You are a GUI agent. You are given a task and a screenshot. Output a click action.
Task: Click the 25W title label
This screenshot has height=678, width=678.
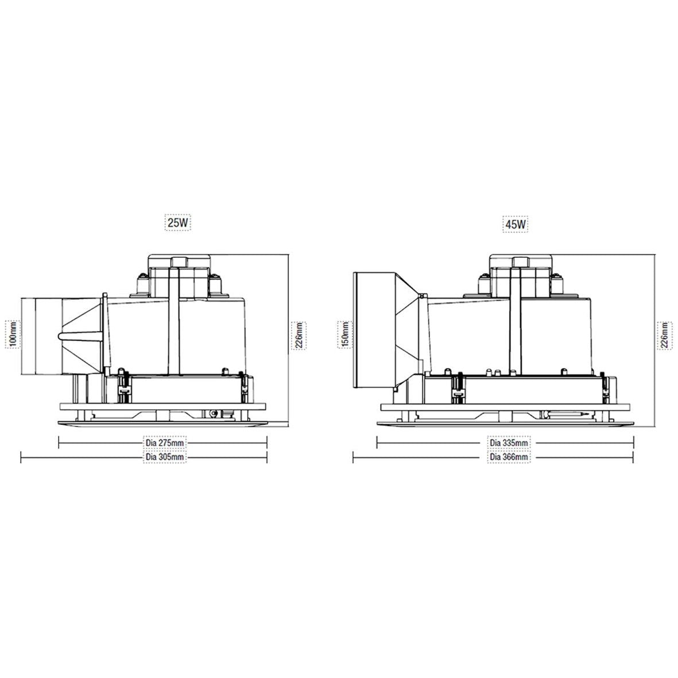tap(178, 223)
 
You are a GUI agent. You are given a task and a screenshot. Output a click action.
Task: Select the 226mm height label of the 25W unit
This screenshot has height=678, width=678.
tap(299, 335)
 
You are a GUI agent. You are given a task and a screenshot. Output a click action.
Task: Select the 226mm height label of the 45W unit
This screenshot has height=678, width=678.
tap(665, 335)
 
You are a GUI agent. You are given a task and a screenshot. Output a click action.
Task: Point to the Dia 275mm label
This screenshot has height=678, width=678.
tap(165, 443)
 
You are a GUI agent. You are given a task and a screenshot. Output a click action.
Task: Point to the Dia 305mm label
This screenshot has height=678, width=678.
tap(165, 457)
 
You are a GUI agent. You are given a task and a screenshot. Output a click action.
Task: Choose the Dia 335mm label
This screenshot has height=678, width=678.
tap(509, 443)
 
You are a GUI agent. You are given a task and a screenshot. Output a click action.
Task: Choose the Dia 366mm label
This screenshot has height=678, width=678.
tap(509, 457)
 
